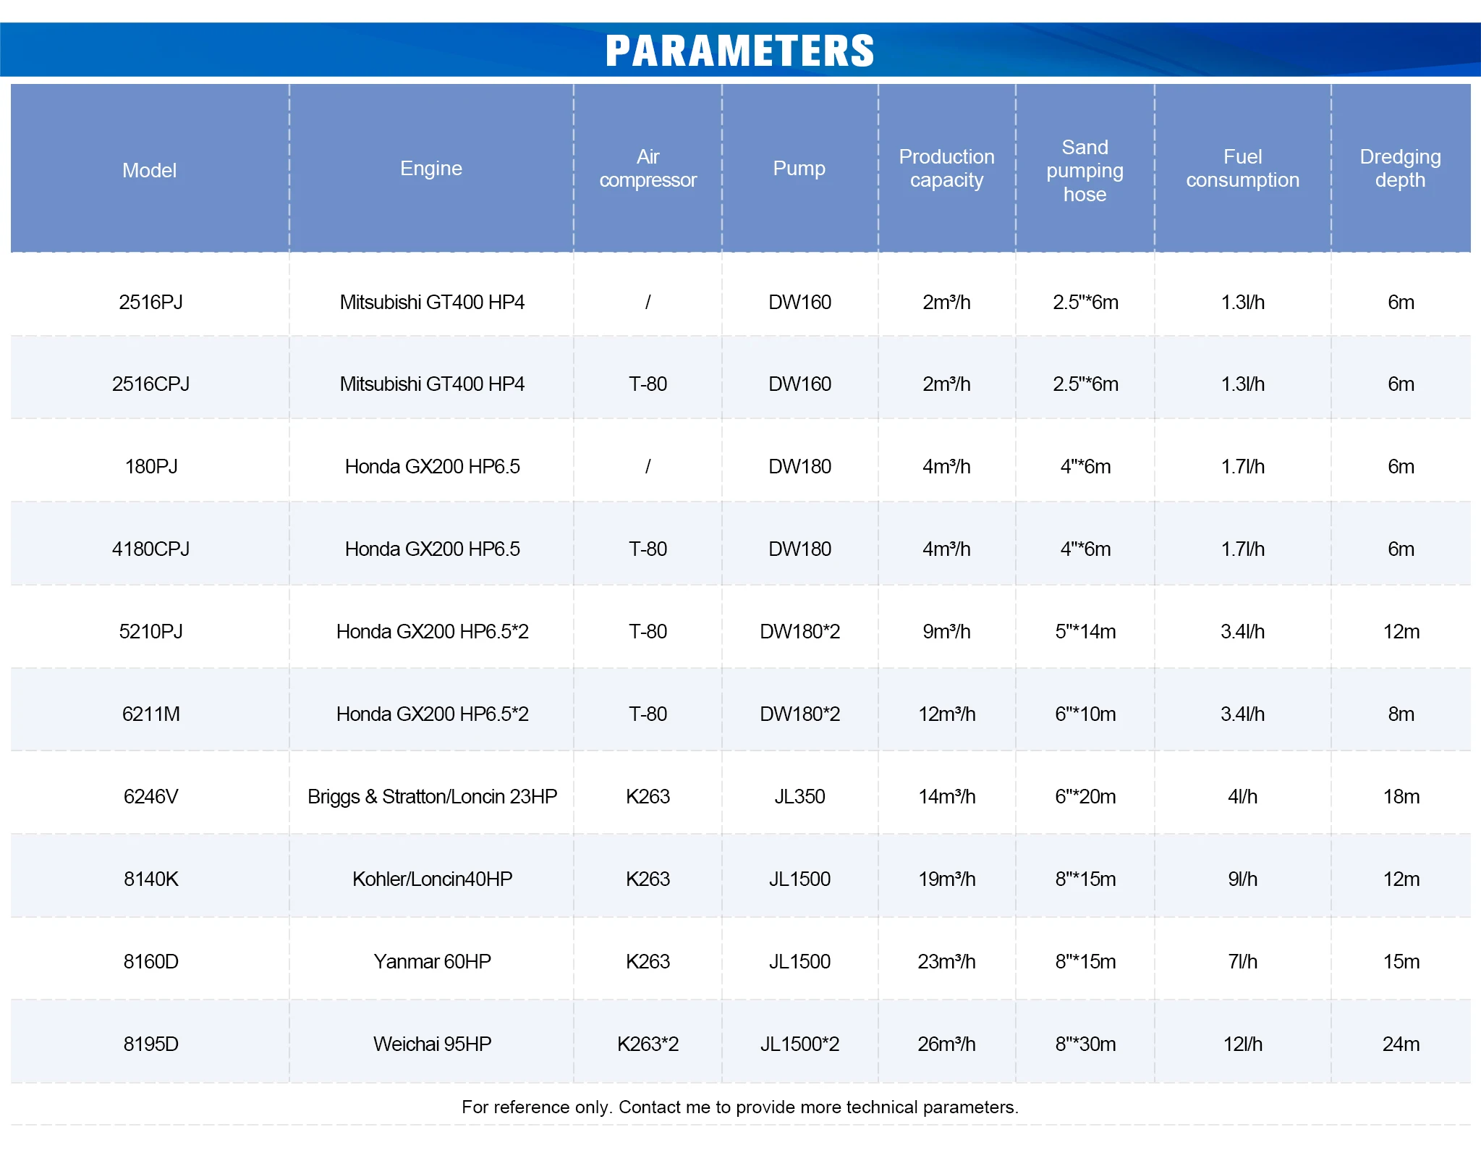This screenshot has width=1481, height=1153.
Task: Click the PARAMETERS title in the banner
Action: (x=739, y=50)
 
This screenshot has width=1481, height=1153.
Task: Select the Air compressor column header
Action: (x=648, y=168)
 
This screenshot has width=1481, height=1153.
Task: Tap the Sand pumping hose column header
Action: (x=1085, y=170)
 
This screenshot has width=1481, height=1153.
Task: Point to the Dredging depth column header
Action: (x=1400, y=168)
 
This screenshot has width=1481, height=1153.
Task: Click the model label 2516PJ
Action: (x=150, y=302)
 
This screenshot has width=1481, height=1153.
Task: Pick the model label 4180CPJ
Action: (x=150, y=549)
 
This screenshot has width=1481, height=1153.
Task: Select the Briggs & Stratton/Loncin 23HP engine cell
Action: (x=432, y=796)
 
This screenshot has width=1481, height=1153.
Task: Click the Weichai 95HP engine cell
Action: (x=432, y=1044)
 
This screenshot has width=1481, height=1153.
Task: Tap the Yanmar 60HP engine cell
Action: (x=432, y=961)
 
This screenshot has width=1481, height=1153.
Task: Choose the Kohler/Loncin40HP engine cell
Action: (x=432, y=879)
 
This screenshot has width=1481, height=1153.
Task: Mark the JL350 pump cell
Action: (x=799, y=796)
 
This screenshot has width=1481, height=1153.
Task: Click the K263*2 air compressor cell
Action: (x=648, y=1044)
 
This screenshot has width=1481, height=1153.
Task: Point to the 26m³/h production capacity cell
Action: (x=946, y=1044)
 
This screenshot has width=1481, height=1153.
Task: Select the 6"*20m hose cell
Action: (x=1085, y=796)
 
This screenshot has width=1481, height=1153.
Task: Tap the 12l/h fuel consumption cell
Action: (x=1242, y=1044)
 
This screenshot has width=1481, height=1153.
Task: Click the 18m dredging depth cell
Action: (x=1401, y=796)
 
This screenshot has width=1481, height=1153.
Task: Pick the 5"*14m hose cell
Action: (x=1085, y=631)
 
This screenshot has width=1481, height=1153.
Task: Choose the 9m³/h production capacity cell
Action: (x=946, y=631)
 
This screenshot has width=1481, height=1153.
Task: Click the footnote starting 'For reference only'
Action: (x=739, y=1107)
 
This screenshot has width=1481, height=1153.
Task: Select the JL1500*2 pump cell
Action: (x=799, y=1044)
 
